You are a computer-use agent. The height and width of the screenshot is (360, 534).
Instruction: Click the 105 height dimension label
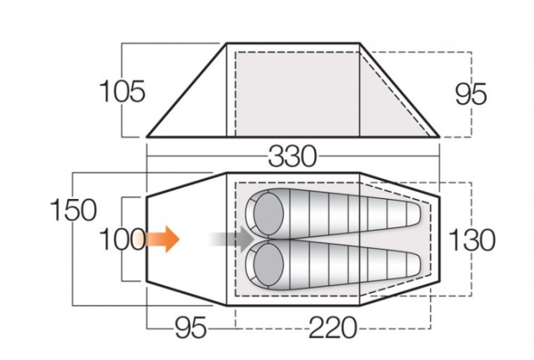click(x=122, y=92)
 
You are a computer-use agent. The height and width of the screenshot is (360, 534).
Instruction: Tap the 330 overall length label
click(x=292, y=156)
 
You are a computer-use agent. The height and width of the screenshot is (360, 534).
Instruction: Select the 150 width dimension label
click(x=73, y=211)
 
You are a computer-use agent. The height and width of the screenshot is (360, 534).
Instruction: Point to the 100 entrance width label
click(x=123, y=239)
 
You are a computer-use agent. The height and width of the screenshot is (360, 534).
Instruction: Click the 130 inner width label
click(x=472, y=240)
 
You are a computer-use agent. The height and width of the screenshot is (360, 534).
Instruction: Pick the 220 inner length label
click(x=333, y=328)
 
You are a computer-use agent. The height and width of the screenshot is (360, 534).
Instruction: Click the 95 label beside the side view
click(x=471, y=95)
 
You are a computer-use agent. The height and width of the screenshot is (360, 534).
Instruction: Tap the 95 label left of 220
click(x=191, y=328)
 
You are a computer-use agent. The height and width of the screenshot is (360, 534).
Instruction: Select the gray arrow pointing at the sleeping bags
click(x=233, y=239)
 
